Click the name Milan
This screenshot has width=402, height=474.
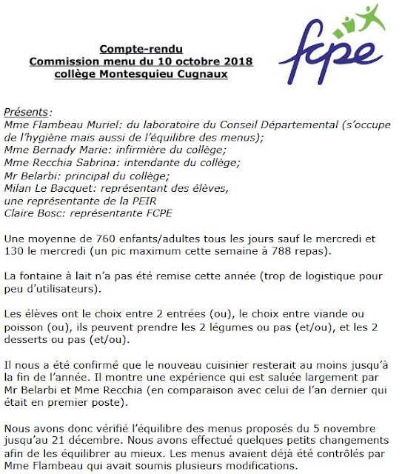tap(19, 188)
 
